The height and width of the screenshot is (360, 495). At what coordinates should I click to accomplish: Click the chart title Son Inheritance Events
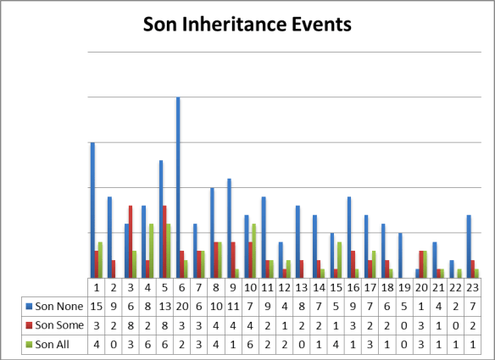coord(247,25)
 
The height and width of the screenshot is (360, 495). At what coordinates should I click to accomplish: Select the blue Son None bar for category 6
coord(178,187)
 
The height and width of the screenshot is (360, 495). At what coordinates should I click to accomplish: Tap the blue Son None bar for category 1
coord(92,209)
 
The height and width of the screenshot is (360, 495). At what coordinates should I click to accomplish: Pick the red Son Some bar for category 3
coord(131,241)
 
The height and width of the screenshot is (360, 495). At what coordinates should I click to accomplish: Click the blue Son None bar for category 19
coord(400,255)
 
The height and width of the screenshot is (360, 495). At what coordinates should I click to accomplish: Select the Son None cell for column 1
coord(97,303)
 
